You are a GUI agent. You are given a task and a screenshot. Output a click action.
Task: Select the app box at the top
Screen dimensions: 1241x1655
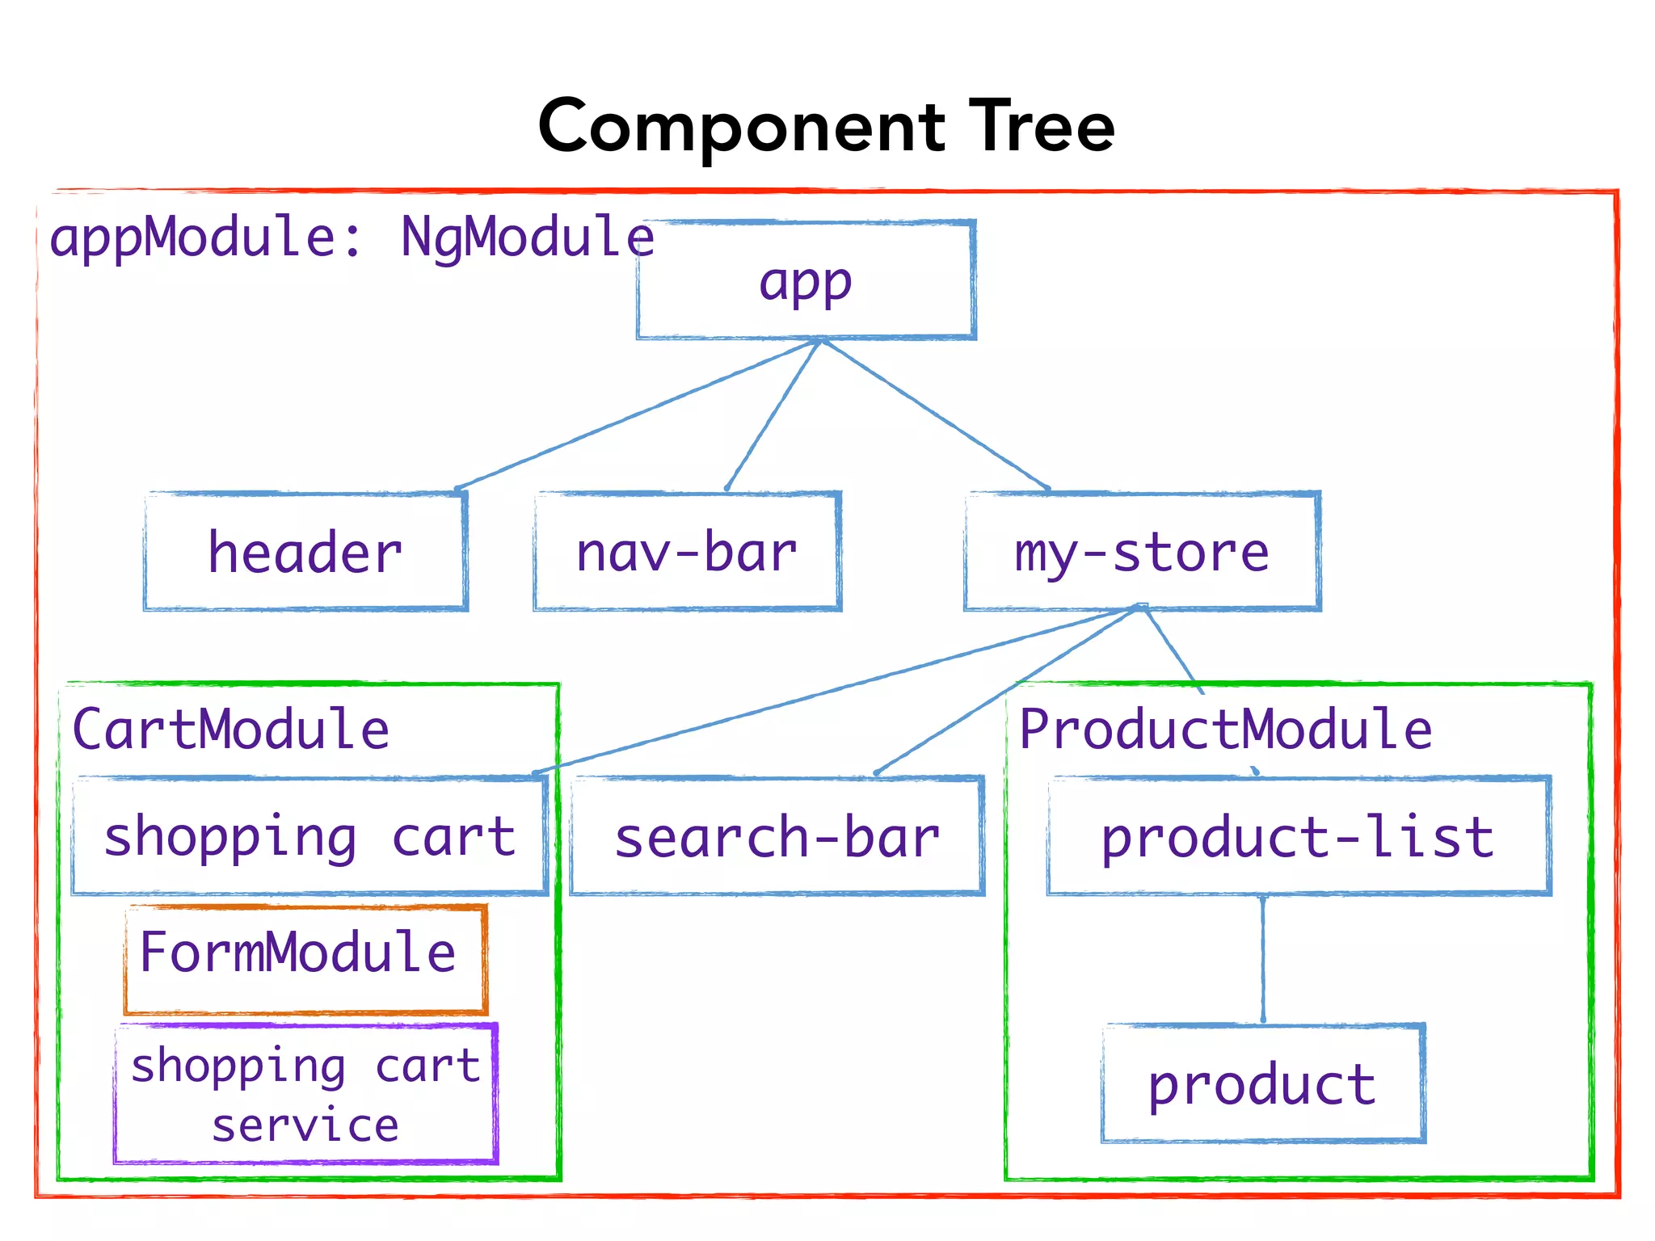pos(806,280)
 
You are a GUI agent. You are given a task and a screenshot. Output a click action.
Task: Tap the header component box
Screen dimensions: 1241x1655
pos(305,552)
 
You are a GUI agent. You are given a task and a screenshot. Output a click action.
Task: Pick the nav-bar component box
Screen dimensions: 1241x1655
pos(687,552)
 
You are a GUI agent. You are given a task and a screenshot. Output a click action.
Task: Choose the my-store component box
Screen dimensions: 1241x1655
pos(1142,552)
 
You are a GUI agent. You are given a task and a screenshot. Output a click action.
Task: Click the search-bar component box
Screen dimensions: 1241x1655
pos(777,836)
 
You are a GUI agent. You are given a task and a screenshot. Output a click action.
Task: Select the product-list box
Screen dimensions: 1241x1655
pos(1298,836)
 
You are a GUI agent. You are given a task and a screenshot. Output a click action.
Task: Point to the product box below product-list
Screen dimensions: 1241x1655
pos(1262,1083)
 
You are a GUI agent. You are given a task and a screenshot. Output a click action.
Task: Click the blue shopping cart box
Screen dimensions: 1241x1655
pos(310,836)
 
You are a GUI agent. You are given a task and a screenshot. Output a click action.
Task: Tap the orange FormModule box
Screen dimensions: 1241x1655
pos(305,959)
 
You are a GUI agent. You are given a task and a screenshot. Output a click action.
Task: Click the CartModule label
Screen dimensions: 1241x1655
pos(231,729)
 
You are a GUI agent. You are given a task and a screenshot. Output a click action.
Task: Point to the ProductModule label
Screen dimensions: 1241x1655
pos(1225,729)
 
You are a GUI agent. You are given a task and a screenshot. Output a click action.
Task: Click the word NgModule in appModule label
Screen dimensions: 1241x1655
pos(527,238)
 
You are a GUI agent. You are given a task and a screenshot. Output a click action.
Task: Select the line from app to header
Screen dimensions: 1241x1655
pos(638,414)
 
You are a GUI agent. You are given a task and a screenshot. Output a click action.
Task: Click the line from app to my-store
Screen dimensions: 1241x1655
pos(935,414)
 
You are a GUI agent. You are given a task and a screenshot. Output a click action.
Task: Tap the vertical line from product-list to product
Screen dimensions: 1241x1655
pos(1263,959)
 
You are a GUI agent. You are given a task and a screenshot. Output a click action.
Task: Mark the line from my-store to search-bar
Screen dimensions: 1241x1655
pos(1009,689)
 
